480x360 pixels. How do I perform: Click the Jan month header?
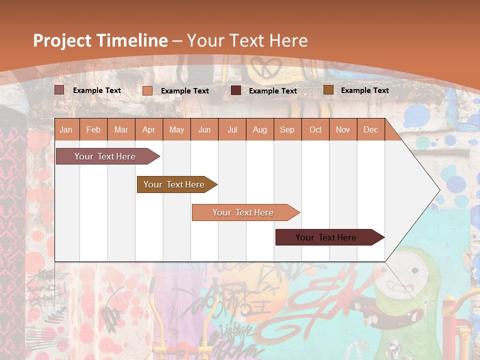pyautogui.click(x=66, y=129)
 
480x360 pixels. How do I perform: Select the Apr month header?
pyautogui.click(x=148, y=129)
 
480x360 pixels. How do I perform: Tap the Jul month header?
pyautogui.click(x=232, y=129)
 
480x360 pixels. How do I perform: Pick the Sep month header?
pyautogui.click(x=287, y=129)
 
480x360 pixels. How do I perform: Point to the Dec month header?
pyautogui.click(x=370, y=129)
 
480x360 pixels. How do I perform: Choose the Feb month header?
pyautogui.click(x=93, y=129)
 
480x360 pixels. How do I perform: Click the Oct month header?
pyautogui.click(x=315, y=129)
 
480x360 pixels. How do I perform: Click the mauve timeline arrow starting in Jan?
pyautogui.click(x=105, y=156)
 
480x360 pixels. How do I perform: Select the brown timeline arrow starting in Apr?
pyautogui.click(x=174, y=184)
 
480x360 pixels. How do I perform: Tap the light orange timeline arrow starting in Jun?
pyautogui.click(x=243, y=212)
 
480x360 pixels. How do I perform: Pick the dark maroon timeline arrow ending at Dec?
pyautogui.click(x=326, y=237)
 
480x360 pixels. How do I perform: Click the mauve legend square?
pyautogui.click(x=59, y=90)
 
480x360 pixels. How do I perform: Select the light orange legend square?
pyautogui.click(x=147, y=90)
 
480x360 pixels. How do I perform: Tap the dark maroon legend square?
pyautogui.click(x=236, y=90)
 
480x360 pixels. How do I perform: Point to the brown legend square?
pyautogui.click(x=328, y=90)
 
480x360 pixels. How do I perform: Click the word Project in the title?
pyautogui.click(x=62, y=40)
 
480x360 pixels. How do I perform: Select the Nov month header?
pyautogui.click(x=343, y=129)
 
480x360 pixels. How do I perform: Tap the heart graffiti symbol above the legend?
pyautogui.click(x=262, y=66)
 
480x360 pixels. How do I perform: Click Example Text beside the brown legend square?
pyautogui.click(x=364, y=90)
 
